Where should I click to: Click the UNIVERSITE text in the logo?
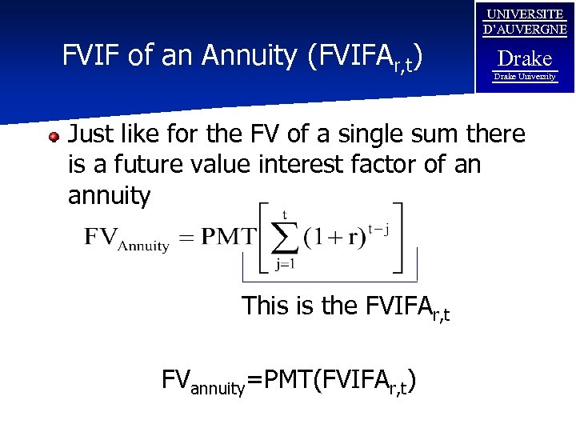pyautogui.click(x=525, y=14)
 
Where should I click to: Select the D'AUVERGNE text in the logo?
pyautogui.click(x=525, y=30)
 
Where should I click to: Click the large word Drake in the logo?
pyautogui.click(x=525, y=58)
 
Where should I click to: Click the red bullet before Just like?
pyautogui.click(x=54, y=137)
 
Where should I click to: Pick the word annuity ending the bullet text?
pyautogui.click(x=109, y=195)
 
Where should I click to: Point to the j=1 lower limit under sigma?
pyautogui.click(x=286, y=266)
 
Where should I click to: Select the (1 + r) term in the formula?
pyautogui.click(x=335, y=239)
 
